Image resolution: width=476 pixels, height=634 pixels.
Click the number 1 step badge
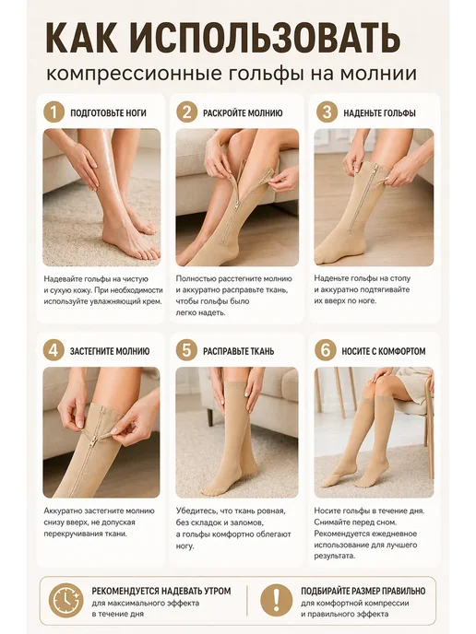point(54,112)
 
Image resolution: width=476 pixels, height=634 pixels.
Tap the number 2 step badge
point(186,112)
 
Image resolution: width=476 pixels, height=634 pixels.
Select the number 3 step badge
point(327,112)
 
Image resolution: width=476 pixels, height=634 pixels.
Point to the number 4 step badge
point(54,350)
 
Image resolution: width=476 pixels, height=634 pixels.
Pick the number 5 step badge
point(186,350)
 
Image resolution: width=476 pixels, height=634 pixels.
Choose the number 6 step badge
point(326,350)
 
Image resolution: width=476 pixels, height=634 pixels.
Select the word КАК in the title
point(84,39)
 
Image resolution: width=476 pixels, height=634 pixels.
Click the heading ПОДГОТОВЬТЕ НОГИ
point(109,112)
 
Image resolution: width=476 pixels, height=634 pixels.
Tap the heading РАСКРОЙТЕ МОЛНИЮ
point(243,112)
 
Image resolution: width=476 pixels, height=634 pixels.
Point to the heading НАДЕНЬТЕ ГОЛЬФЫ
point(380,112)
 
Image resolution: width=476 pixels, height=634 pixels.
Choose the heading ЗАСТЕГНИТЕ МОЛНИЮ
point(110,351)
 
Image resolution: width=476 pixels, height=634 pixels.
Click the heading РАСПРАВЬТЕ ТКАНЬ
point(238,351)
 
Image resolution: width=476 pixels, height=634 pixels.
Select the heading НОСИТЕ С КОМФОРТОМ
point(384,351)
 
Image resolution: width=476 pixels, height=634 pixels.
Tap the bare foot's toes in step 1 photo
point(146,251)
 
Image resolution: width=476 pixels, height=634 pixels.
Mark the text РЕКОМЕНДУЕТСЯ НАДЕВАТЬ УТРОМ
point(161,591)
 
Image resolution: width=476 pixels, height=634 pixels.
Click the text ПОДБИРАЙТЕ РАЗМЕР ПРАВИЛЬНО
point(363,591)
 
